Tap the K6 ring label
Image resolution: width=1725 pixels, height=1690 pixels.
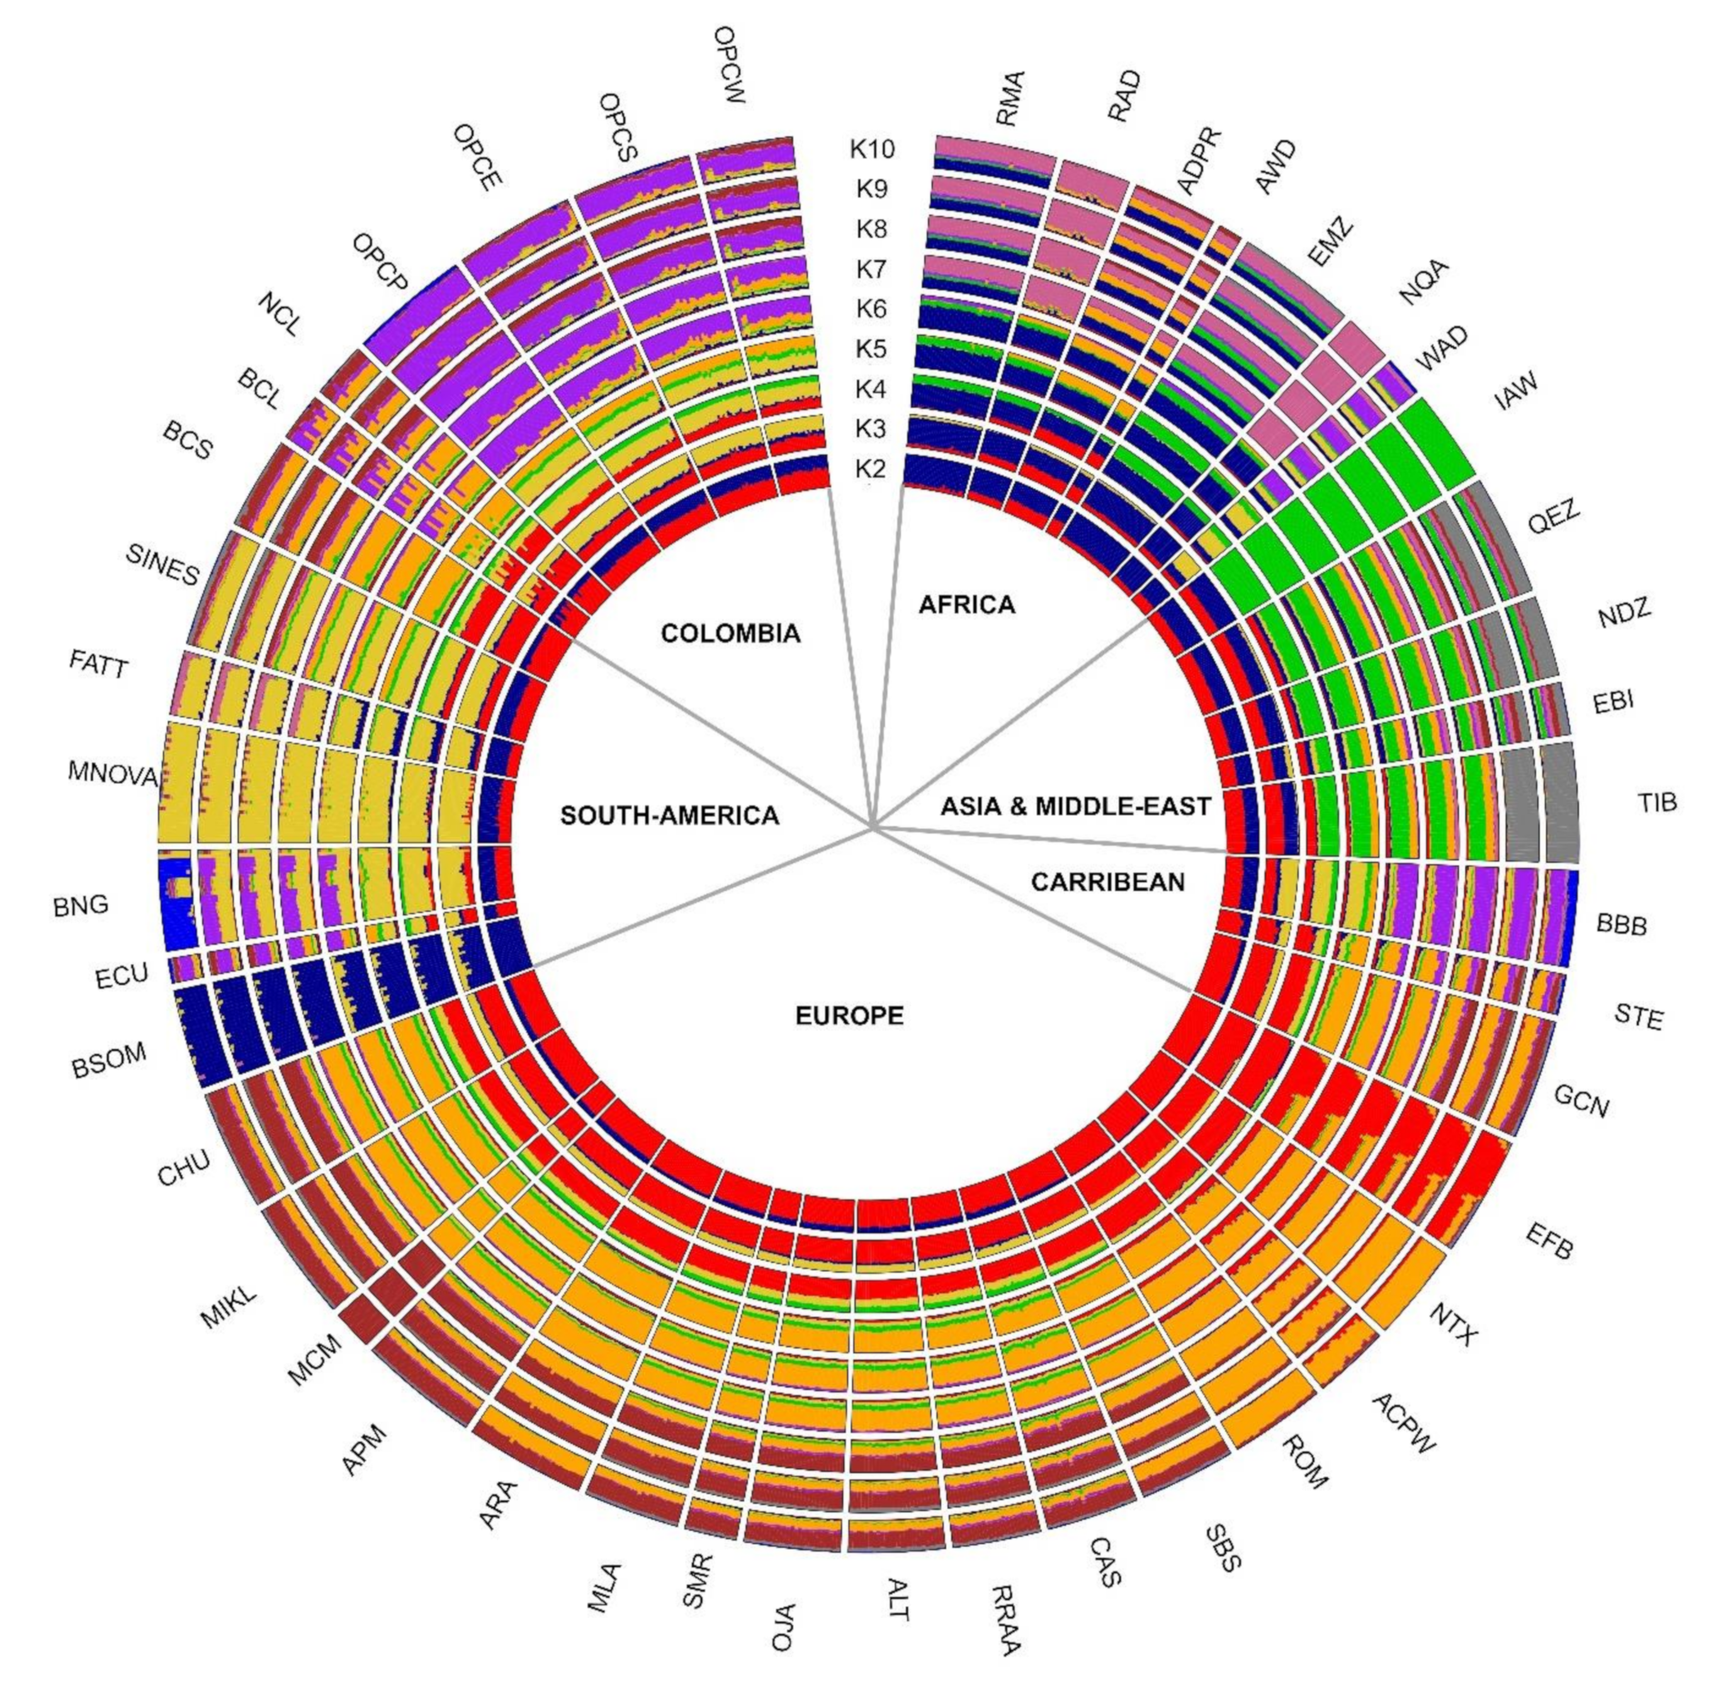pyautogui.click(x=871, y=309)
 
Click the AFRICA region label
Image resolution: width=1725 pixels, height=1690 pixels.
pyautogui.click(x=966, y=604)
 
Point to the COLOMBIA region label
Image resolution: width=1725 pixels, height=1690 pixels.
pyautogui.click(x=730, y=633)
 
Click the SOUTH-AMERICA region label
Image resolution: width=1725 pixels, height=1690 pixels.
pyautogui.click(x=669, y=815)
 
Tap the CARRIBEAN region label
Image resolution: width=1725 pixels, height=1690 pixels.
pyautogui.click(x=1107, y=882)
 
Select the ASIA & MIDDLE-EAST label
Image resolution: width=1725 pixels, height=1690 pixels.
pyautogui.click(x=1075, y=806)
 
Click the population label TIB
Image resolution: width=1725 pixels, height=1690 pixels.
pyautogui.click(x=1656, y=802)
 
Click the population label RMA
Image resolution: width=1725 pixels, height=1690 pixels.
pyautogui.click(x=1010, y=98)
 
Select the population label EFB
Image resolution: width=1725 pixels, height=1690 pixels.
pyautogui.click(x=1549, y=1240)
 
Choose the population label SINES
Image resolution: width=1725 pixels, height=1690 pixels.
pyautogui.click(x=162, y=565)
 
